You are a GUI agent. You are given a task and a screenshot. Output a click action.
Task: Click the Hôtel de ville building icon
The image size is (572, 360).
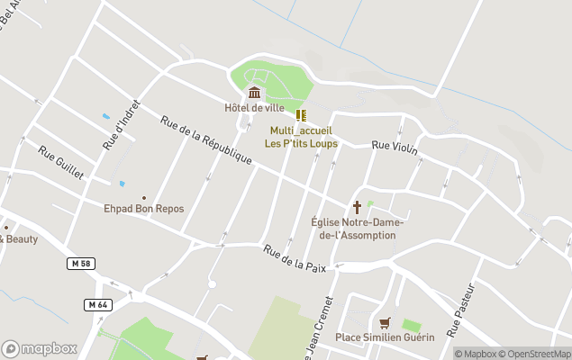pyautogui.click(x=254, y=93)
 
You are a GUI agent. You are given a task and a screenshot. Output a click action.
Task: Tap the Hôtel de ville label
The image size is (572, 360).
pyautogui.click(x=255, y=108)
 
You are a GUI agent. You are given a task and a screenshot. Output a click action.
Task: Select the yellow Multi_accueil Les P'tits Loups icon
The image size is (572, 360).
pyautogui.click(x=301, y=115)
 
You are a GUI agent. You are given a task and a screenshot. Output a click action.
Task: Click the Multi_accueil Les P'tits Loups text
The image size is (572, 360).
pyautogui.click(x=300, y=136)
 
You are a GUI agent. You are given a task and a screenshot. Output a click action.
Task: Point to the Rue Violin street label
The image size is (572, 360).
pyautogui.click(x=395, y=148)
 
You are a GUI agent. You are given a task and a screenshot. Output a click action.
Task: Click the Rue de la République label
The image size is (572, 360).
pyautogui.click(x=206, y=140)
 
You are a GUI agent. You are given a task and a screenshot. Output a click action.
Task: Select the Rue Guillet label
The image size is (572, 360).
pyautogui.click(x=60, y=162)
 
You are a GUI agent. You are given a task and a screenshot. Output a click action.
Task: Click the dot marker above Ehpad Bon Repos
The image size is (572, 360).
pyautogui.click(x=144, y=198)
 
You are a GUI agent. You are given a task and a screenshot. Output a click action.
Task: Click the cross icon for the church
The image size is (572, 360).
pyautogui.click(x=357, y=206)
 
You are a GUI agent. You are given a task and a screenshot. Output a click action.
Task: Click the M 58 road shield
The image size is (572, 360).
pyautogui.click(x=81, y=263)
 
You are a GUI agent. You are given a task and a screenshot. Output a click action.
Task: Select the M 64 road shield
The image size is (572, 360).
pyautogui.click(x=98, y=304)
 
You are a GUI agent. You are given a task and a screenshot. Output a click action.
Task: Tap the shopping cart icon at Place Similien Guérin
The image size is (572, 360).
pyautogui.click(x=385, y=323)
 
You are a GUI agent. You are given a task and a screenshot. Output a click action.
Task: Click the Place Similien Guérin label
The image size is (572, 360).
pyautogui.click(x=385, y=337)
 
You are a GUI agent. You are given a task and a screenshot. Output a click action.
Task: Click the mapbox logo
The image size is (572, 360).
pyautogui.click(x=40, y=349)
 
